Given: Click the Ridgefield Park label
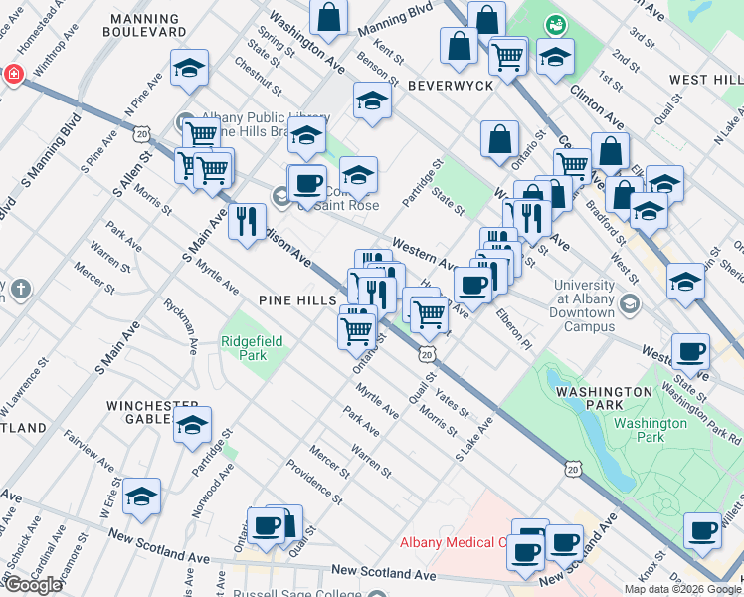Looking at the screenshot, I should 252,347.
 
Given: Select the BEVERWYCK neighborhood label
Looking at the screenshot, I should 450,87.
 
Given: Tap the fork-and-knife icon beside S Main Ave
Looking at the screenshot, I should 247,221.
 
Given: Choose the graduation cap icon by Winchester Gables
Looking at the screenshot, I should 191,425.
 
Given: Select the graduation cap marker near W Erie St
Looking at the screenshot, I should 142,497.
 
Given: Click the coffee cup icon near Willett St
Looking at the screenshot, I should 703,531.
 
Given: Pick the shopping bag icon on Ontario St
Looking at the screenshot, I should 500,140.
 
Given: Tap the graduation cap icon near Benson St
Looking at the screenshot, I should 372,102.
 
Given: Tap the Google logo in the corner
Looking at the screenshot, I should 32,585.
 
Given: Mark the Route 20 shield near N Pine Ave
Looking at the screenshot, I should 144,132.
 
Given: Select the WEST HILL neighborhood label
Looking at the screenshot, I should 704,80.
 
